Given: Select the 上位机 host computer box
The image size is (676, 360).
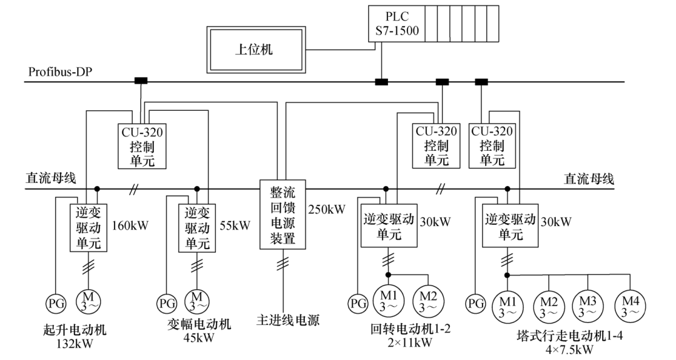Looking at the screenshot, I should point(258,49).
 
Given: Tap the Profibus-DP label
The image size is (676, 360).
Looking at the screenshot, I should point(60,72).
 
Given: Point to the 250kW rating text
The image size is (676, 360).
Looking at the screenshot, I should point(327,209).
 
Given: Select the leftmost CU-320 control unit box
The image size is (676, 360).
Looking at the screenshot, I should point(142,146).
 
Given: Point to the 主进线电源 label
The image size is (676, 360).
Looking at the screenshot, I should point(287,321).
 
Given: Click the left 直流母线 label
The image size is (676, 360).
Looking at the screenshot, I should point(51,178).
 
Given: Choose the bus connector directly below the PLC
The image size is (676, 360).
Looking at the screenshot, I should point(381,81).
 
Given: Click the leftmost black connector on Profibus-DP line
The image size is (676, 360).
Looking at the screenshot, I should point(141,81).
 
